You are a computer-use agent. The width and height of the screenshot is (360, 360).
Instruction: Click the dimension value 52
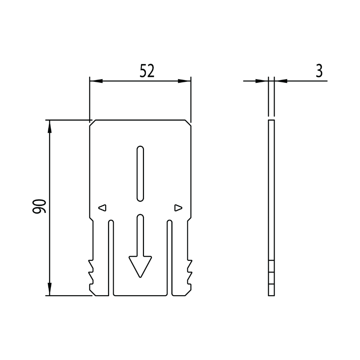pyautogui.click(x=147, y=71)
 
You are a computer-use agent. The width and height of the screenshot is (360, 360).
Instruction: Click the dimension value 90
pyautogui.click(x=39, y=206)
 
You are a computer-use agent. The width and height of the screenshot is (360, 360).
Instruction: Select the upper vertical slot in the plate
pyautogui.click(x=140, y=174)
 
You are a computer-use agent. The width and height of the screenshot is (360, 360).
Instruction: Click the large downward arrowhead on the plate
pyautogui.click(x=140, y=266)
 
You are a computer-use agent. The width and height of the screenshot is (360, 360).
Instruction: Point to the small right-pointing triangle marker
pyautogui.click(x=178, y=208)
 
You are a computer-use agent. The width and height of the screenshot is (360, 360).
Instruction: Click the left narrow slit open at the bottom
pyautogui.click(x=111, y=258)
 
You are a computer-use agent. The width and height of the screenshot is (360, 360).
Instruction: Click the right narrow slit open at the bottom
pyautogui.click(x=170, y=258)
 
